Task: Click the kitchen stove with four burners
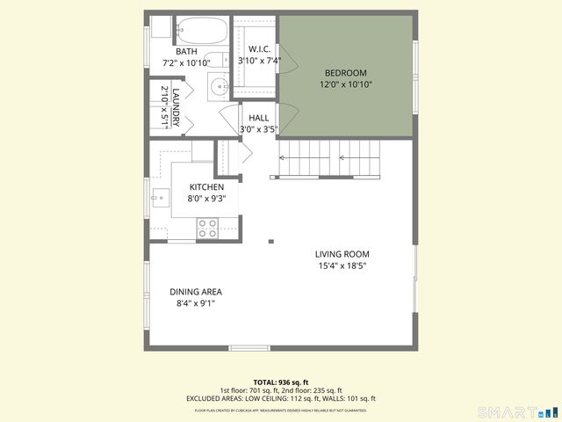pyautogui.click(x=208, y=228)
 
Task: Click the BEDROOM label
pyautogui.click(x=345, y=73)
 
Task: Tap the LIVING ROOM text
pyautogui.click(x=342, y=254)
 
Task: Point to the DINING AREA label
pyautogui.click(x=195, y=292)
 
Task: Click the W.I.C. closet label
pyautogui.click(x=258, y=49)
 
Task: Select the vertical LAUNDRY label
pyautogui.click(x=176, y=106)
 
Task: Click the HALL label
pyautogui.click(x=258, y=118)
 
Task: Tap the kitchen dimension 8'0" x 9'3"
pyautogui.click(x=206, y=199)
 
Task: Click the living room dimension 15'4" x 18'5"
pyautogui.click(x=342, y=266)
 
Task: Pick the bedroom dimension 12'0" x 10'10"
pyautogui.click(x=345, y=84)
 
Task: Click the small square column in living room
pyautogui.click(x=271, y=240)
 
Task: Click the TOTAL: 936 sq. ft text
pyautogui.click(x=281, y=382)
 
